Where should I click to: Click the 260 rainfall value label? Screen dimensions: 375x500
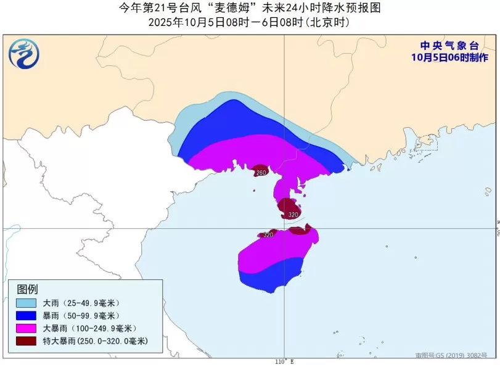click(x=261, y=173)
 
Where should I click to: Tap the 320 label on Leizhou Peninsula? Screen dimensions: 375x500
click(x=293, y=215)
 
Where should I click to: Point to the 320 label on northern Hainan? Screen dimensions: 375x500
click(x=268, y=235)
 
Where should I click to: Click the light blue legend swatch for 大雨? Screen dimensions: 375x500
click(x=26, y=303)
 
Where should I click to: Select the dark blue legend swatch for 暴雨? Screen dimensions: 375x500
click(x=26, y=315)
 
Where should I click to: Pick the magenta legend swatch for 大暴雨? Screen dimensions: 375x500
click(x=26, y=328)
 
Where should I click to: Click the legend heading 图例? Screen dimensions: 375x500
click(x=28, y=289)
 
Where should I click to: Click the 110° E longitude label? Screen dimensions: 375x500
click(x=284, y=361)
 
